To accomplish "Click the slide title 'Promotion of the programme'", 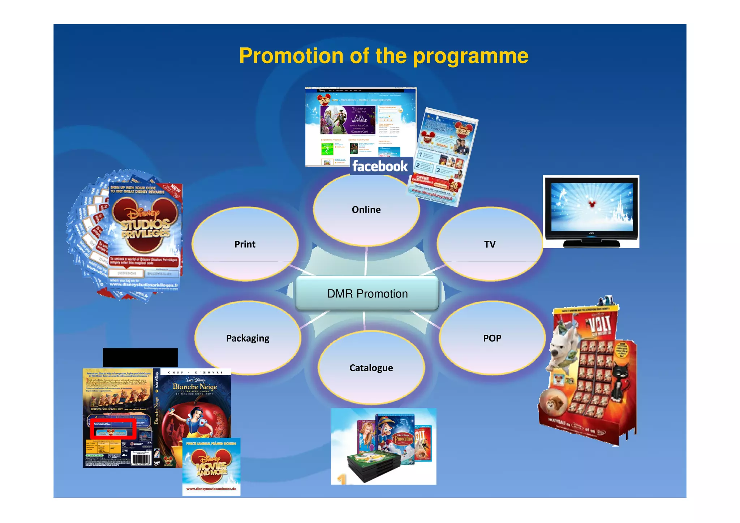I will [383, 56].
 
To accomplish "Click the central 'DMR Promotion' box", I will [367, 293].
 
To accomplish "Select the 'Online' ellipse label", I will [366, 210].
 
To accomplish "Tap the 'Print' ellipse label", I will [245, 244].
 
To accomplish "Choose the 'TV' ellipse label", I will [490, 244].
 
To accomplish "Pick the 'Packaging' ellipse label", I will [248, 338].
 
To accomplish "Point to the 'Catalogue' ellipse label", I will [371, 368].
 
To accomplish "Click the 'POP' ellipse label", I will [492, 338].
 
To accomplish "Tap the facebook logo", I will [380, 166].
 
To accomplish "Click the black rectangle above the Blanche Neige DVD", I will [140, 358].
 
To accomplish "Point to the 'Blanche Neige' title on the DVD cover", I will [195, 387].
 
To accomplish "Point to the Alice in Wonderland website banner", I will [348, 120].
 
